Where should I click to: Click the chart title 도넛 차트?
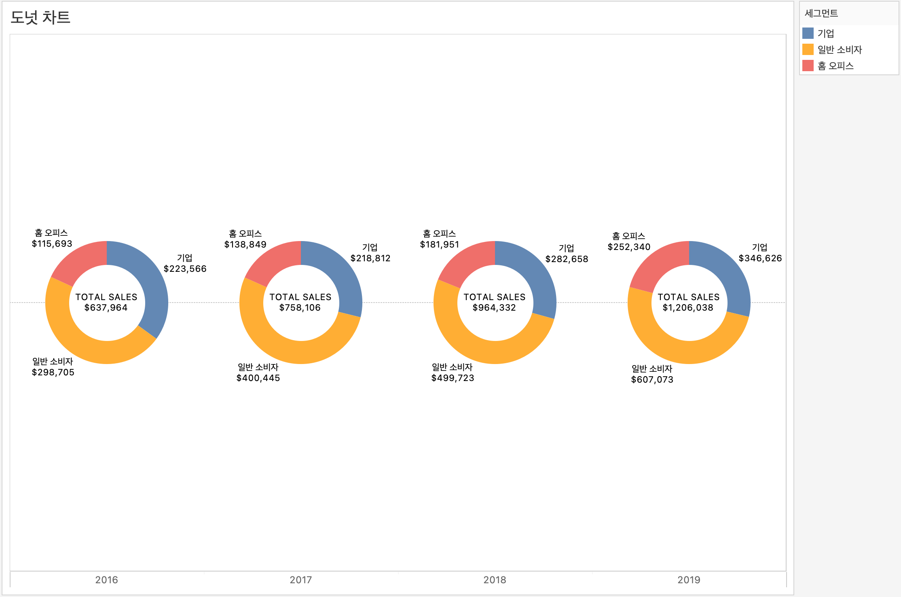click(x=40, y=17)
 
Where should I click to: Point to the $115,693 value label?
click(x=52, y=244)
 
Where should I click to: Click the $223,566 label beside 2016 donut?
click(x=185, y=269)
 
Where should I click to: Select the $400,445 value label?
click(x=258, y=378)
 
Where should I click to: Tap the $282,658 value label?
click(x=567, y=259)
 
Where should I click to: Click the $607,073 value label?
click(x=652, y=380)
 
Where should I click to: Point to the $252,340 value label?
click(x=629, y=247)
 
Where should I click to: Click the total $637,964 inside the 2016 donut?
click(x=106, y=308)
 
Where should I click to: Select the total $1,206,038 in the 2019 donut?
click(x=688, y=308)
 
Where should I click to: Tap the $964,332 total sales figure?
click(x=494, y=308)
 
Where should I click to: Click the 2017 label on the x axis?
click(x=300, y=580)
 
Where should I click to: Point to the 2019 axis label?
click(x=689, y=580)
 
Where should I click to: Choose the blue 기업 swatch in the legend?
click(x=808, y=33)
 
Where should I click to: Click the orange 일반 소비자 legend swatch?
click(x=808, y=49)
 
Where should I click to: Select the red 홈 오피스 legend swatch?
click(x=808, y=66)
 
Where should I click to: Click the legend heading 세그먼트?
click(x=821, y=13)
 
